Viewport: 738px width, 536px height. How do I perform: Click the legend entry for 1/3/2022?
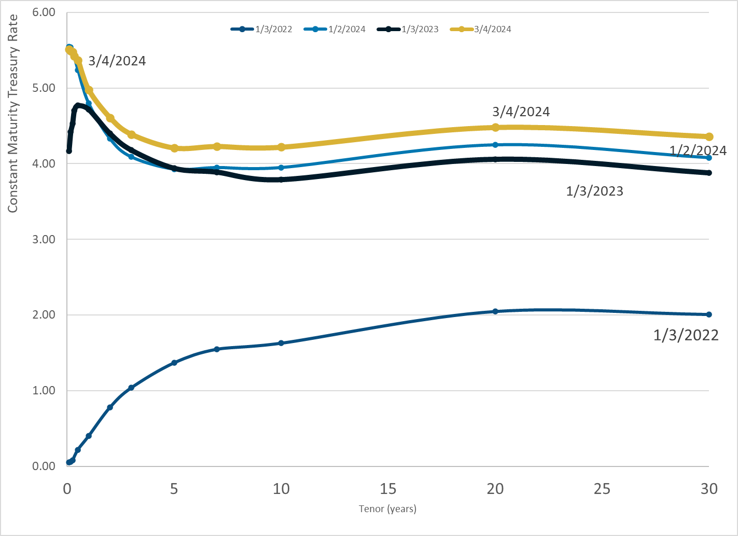coord(262,29)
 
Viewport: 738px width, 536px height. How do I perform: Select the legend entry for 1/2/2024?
coord(335,29)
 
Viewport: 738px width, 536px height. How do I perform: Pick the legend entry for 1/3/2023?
coord(408,29)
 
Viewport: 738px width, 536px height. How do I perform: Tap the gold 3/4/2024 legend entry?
coord(481,29)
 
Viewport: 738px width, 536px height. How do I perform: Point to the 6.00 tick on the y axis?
coord(44,12)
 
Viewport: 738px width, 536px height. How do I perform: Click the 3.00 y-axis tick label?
coord(44,239)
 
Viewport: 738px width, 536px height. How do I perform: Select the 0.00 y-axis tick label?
coord(44,466)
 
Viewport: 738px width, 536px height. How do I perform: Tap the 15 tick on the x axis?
coord(388,489)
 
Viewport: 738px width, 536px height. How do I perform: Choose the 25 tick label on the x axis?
coord(602,489)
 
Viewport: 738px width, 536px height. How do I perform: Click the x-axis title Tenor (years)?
coord(387,509)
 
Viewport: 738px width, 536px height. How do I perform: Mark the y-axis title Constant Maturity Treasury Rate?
coord(13,114)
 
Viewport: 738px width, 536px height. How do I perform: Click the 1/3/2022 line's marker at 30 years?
coord(709,314)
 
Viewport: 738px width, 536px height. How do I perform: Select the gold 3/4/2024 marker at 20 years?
coord(495,127)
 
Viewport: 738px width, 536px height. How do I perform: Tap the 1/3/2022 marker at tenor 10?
coord(281,343)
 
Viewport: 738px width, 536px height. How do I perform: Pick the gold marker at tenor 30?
coord(709,136)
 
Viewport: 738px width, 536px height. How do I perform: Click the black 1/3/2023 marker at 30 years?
coord(709,173)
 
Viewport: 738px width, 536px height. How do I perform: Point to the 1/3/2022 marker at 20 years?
coord(495,311)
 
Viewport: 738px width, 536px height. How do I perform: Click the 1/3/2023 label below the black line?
coord(594,191)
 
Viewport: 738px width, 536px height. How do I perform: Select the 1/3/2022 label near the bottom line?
coord(686,335)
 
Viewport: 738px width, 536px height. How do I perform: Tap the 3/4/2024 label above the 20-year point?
coord(521,112)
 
